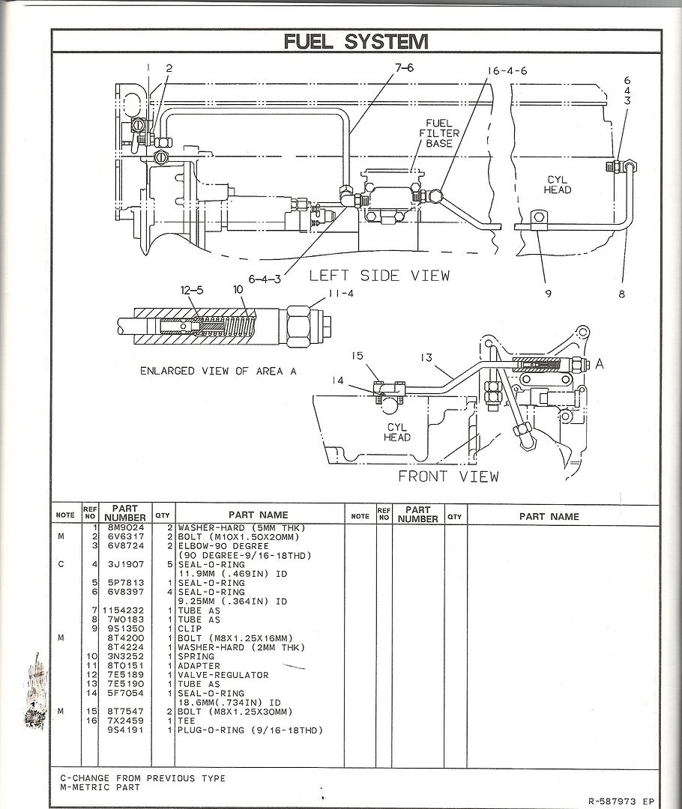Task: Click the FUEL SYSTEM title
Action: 356,42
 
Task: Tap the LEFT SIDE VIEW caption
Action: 380,276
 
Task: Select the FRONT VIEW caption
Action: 447,476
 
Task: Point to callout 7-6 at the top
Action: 405,67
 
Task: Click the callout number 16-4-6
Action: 507,70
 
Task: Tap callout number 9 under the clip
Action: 547,294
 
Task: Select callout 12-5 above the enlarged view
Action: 191,289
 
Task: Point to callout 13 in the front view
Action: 427,358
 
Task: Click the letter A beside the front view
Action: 599,364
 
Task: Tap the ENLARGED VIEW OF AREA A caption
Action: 213,371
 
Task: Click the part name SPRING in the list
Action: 196,656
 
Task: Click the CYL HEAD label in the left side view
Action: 558,184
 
